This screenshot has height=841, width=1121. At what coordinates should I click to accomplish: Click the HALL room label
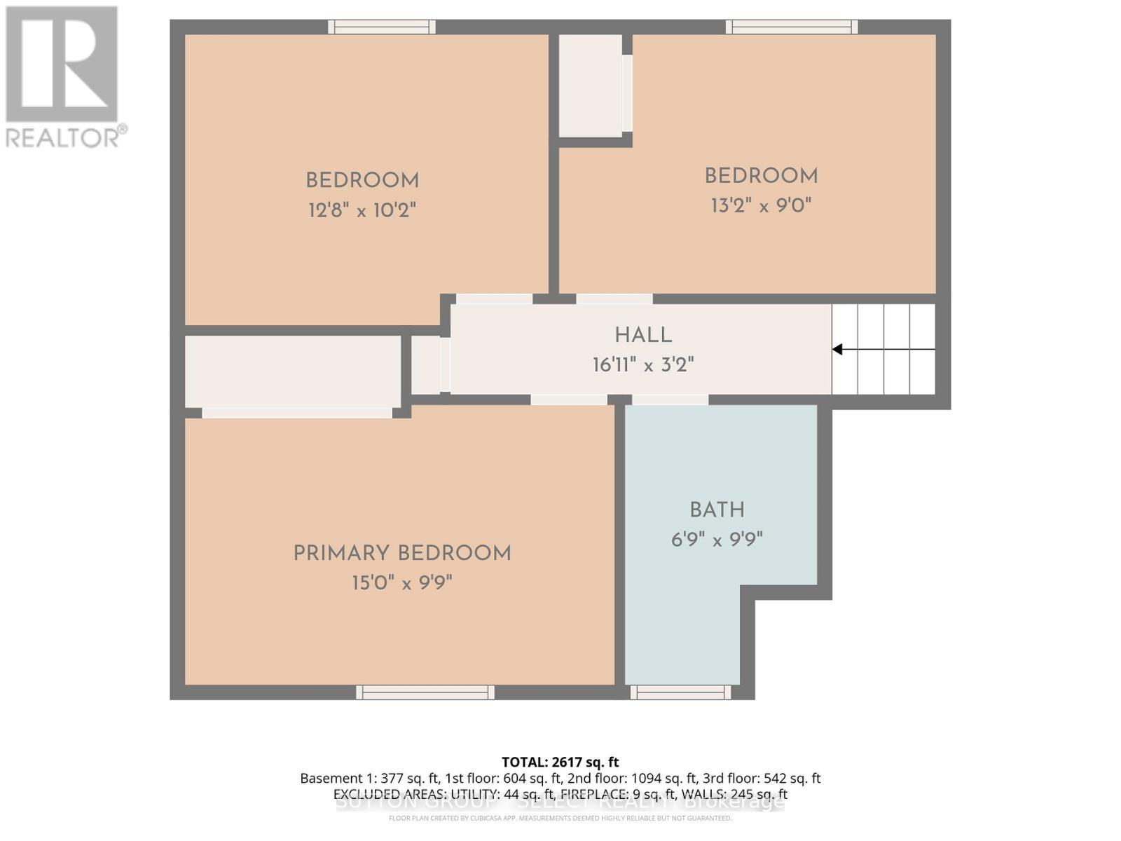click(x=643, y=336)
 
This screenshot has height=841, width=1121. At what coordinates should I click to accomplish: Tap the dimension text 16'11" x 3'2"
click(x=643, y=365)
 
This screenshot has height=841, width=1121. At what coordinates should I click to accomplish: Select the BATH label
click(x=717, y=510)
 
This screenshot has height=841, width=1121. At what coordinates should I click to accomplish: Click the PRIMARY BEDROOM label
click(x=401, y=554)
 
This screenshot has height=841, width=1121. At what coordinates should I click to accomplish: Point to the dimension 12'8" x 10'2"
click(x=362, y=210)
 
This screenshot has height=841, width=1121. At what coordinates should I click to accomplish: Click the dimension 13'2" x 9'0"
click(x=761, y=206)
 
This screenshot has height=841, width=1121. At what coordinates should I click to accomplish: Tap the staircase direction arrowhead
click(x=837, y=349)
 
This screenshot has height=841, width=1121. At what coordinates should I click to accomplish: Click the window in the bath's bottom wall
click(x=680, y=692)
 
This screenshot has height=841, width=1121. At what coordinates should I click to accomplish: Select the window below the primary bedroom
click(x=425, y=692)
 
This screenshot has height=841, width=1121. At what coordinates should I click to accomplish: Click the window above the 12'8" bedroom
click(x=382, y=27)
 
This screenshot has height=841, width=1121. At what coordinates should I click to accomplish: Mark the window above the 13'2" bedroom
click(x=792, y=27)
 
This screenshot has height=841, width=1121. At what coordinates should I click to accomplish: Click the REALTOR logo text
click(x=67, y=137)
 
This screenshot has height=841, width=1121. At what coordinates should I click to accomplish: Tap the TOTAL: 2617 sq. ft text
click(x=560, y=762)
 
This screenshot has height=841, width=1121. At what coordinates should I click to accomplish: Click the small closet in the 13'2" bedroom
click(x=590, y=86)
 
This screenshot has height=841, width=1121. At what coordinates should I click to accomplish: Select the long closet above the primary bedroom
click(x=292, y=371)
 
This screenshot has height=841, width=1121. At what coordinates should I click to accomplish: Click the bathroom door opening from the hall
click(x=670, y=400)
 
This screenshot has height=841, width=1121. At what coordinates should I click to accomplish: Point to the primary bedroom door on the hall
click(x=568, y=400)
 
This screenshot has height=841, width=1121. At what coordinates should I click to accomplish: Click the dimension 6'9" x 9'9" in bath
click(x=717, y=540)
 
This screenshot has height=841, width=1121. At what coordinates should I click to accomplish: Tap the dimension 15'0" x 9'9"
click(x=401, y=583)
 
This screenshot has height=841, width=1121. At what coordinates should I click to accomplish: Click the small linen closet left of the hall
click(x=425, y=365)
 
